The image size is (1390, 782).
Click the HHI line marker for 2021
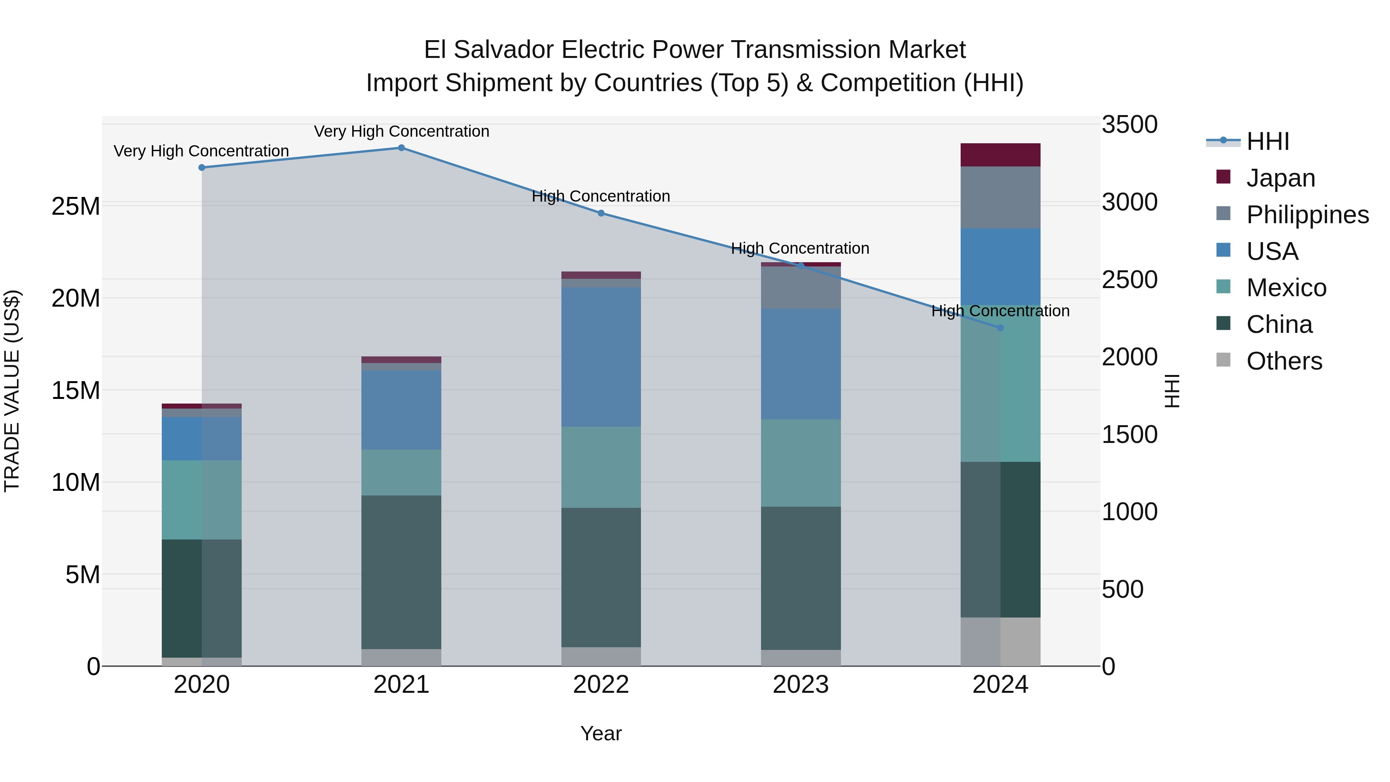click(x=402, y=148)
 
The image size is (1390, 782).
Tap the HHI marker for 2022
click(x=601, y=213)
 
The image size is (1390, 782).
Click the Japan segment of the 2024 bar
click(x=1000, y=155)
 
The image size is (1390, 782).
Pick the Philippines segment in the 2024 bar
click(x=1000, y=197)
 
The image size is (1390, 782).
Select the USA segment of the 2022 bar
click(x=601, y=357)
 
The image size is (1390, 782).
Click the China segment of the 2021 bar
click(x=402, y=572)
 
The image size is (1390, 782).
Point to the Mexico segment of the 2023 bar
click(x=801, y=463)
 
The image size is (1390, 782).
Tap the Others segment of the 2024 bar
click(x=1000, y=642)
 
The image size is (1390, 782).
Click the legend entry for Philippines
click(x=1307, y=215)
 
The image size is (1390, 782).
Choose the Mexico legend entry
click(x=1287, y=288)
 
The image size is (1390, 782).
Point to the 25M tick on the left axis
click(x=76, y=207)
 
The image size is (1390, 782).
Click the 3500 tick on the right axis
click(x=1129, y=125)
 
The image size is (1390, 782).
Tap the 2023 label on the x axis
click(x=801, y=685)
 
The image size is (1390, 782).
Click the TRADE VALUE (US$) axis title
click(x=12, y=391)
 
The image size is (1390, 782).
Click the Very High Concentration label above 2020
click(x=201, y=151)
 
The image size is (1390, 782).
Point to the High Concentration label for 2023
click(x=800, y=248)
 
